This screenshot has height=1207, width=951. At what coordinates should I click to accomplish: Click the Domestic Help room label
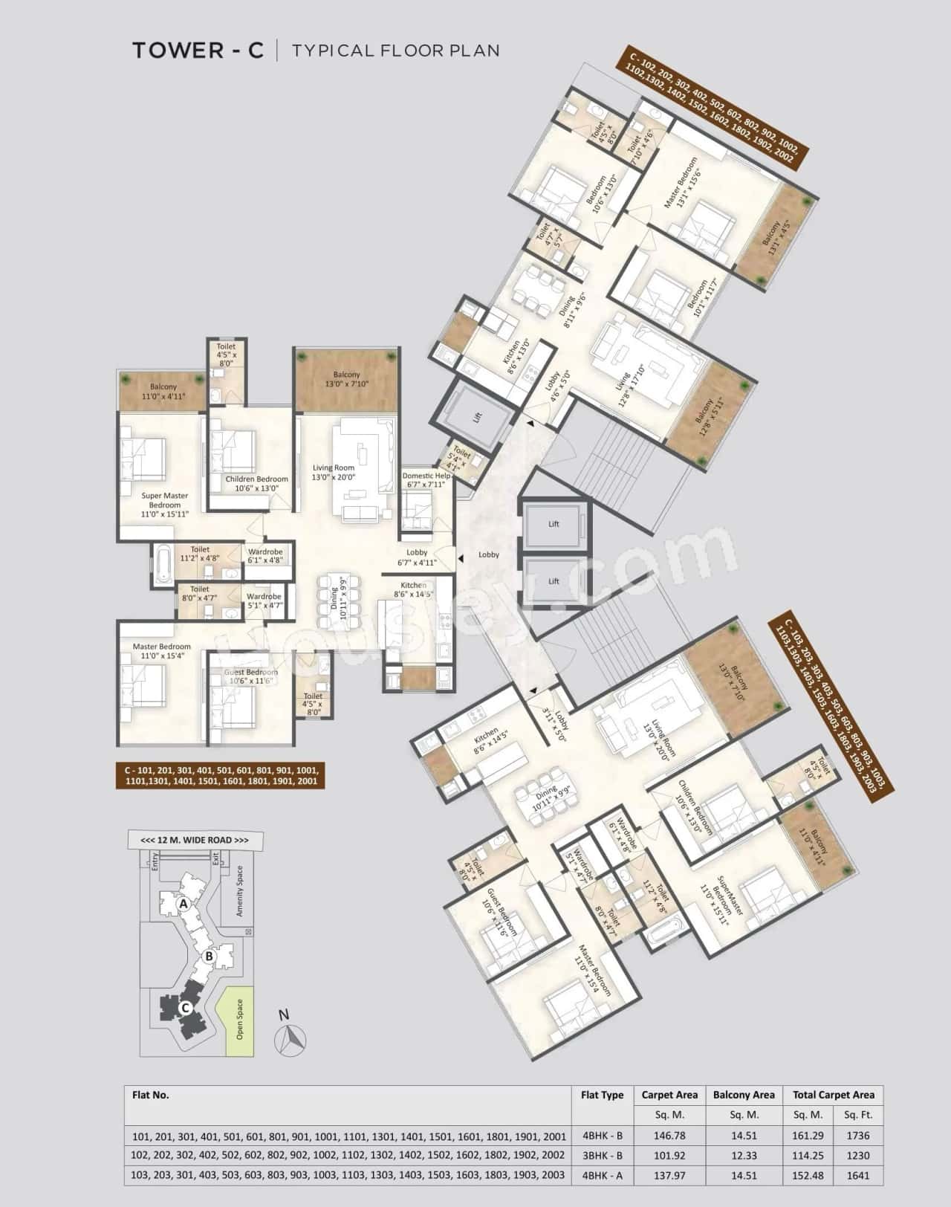click(x=426, y=480)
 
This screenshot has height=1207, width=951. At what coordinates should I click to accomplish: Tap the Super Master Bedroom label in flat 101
click(x=165, y=505)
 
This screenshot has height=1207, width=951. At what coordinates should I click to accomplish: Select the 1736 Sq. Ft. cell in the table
click(x=858, y=1136)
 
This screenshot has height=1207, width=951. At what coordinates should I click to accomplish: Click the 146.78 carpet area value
click(x=669, y=1136)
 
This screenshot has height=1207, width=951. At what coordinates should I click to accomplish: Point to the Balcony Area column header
click(x=743, y=1095)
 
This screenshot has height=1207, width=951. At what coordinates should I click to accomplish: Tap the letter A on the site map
click(x=182, y=904)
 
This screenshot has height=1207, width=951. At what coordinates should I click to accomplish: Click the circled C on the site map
click(x=186, y=1008)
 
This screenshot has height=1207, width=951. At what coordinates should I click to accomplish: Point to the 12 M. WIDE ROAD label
click(x=195, y=840)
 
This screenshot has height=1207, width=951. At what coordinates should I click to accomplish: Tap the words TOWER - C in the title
click(x=198, y=51)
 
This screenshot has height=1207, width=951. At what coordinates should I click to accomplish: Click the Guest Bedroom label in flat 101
click(x=251, y=676)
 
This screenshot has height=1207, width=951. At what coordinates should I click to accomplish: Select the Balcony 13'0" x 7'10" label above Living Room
click(x=346, y=379)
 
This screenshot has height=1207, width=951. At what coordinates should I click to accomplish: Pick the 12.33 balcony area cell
click(x=743, y=1156)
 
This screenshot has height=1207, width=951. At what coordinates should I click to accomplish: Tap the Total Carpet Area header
click(x=833, y=1095)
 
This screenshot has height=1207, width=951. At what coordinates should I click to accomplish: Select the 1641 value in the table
click(x=858, y=1176)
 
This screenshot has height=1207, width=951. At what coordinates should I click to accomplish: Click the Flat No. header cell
click(x=151, y=1095)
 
